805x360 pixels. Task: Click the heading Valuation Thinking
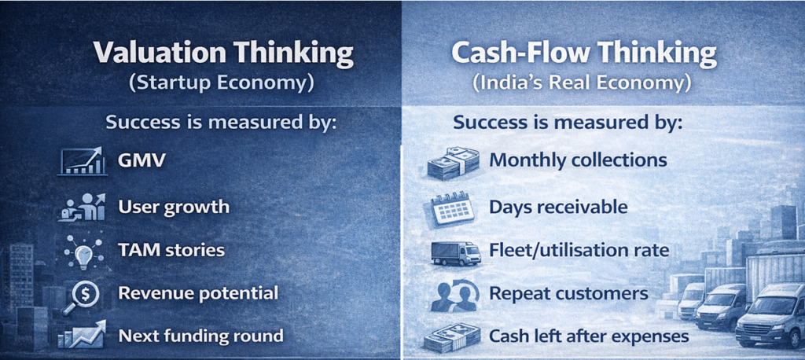coord(223,53)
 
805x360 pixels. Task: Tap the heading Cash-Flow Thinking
coord(583,53)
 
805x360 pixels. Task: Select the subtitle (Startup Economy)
coord(223,83)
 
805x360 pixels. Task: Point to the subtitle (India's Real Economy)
coord(583,83)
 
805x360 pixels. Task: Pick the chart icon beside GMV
coord(82,161)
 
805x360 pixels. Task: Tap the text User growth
coord(174,207)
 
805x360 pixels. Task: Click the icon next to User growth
coord(82,208)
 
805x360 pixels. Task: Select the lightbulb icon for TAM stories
coord(82,251)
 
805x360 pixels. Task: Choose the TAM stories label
coord(171,251)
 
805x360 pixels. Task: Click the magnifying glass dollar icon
coord(82,294)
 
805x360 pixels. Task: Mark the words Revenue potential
coord(198,293)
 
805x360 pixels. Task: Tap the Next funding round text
coord(200,336)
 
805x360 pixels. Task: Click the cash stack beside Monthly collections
coord(453,163)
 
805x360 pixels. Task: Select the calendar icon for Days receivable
coord(453,208)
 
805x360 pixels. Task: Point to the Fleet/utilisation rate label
coord(579,251)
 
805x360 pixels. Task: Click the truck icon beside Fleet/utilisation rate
coord(455,252)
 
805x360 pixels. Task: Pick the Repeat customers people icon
coord(453,295)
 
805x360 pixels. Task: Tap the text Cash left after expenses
coord(589,336)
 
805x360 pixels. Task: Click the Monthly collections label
coord(578,160)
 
